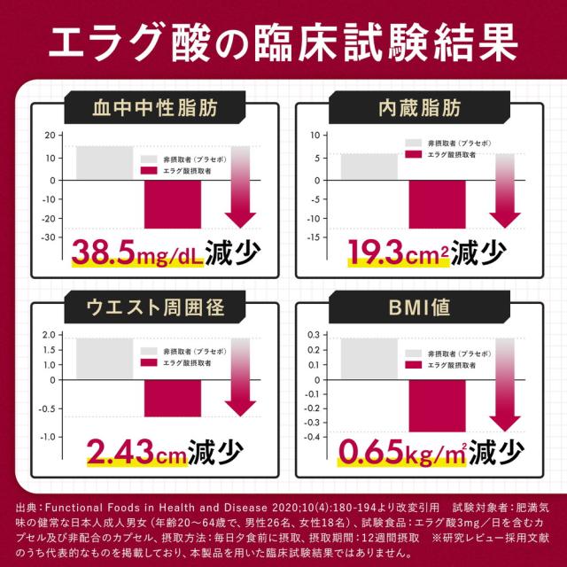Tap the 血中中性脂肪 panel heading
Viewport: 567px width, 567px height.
(x=156, y=111)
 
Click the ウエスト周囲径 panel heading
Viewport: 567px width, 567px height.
(x=156, y=309)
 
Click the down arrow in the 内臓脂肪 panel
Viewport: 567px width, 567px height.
(x=505, y=190)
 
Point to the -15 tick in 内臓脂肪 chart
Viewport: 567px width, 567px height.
(x=312, y=237)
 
